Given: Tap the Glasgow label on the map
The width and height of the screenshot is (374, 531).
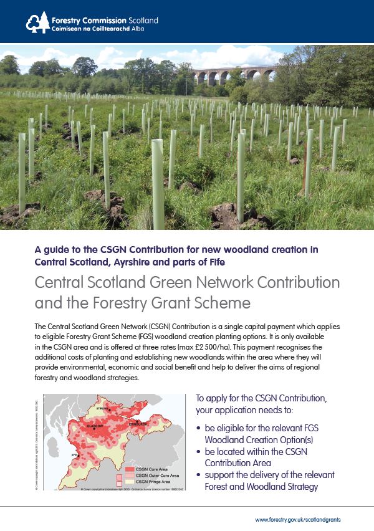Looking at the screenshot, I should click(95, 426).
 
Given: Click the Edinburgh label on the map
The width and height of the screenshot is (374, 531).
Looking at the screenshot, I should click(138, 423).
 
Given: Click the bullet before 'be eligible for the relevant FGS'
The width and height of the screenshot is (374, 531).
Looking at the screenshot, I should click(198, 428).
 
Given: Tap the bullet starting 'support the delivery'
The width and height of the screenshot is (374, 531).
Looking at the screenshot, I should click(198, 476).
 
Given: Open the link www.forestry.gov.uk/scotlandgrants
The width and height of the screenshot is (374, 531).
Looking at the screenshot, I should click(298, 519).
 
